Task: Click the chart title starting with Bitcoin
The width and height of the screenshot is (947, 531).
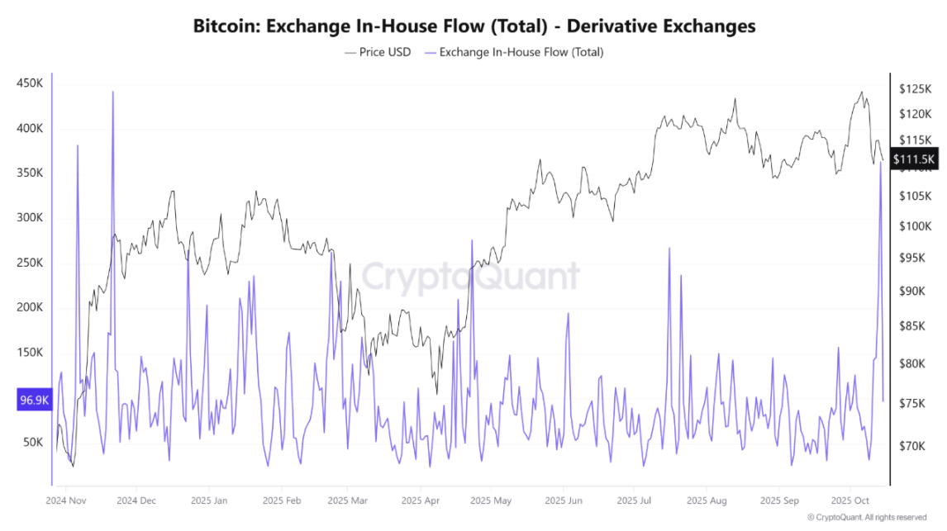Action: click(473, 26)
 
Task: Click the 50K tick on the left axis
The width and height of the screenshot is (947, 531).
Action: click(33, 442)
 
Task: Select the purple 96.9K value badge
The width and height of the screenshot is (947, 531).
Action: click(34, 401)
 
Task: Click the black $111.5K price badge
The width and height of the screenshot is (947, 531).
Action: click(915, 160)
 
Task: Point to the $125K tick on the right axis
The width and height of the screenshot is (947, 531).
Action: click(916, 88)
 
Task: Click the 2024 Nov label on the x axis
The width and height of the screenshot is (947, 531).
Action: click(66, 500)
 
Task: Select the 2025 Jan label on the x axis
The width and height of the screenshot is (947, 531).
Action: click(209, 500)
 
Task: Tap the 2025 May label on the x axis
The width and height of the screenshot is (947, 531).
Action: click(491, 500)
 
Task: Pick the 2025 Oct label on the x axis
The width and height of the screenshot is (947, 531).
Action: click(849, 500)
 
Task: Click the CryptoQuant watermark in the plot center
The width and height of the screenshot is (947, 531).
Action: click(471, 277)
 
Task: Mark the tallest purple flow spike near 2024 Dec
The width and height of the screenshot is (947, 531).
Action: click(112, 92)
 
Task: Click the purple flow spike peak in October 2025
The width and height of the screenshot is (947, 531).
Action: click(881, 163)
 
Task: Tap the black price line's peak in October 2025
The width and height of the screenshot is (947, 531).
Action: click(862, 92)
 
